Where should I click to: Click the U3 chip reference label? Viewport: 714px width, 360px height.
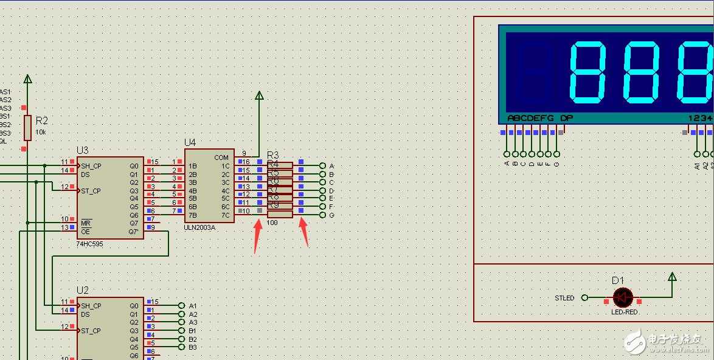(83, 150)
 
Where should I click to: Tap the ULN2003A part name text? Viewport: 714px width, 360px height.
(200, 226)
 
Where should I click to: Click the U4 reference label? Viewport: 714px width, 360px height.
(190, 142)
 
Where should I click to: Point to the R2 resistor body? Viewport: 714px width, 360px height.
(27, 128)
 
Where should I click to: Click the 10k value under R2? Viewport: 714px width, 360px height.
(41, 131)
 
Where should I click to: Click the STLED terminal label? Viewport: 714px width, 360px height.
(564, 298)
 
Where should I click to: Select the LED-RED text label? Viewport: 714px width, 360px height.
(624, 312)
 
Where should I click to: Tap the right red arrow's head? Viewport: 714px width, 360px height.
(301, 220)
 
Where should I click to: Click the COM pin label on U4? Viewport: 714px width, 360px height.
(221, 157)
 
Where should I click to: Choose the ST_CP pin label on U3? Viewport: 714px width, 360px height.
(91, 191)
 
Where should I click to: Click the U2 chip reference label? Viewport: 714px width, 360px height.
(83, 291)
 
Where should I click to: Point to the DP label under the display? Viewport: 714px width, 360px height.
(566, 118)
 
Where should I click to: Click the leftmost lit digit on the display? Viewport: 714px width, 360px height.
(586, 72)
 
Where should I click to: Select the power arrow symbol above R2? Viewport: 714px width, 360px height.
(27, 79)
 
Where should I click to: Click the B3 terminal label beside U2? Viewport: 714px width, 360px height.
(192, 347)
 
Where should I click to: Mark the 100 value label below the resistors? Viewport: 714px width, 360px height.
(272, 223)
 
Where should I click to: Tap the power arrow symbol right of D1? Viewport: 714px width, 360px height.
(672, 277)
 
